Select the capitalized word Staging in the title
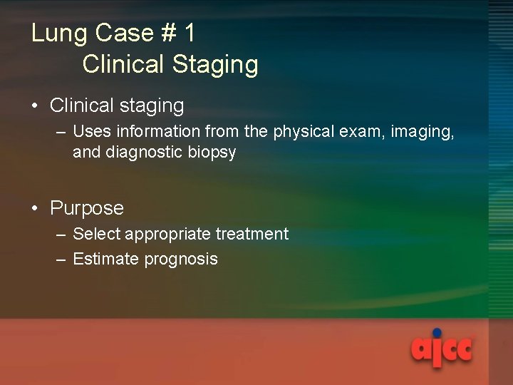click(x=215, y=65)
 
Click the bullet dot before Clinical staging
click(x=35, y=106)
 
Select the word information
click(x=155, y=132)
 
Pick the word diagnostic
click(x=143, y=153)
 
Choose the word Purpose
click(x=86, y=208)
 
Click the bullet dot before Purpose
click(x=35, y=208)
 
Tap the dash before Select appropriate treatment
click(x=62, y=235)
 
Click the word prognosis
click(x=181, y=260)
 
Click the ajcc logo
click(x=441, y=350)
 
